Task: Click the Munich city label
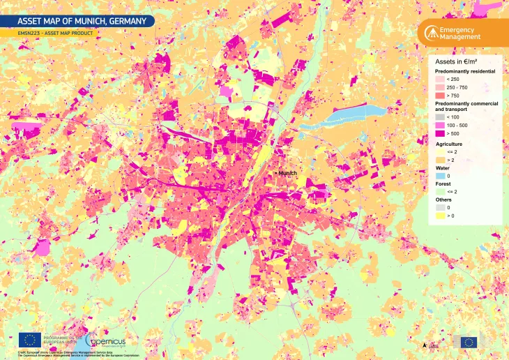(x=288, y=172)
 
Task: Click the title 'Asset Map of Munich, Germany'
(x=77, y=21)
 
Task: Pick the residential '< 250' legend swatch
(x=439, y=79)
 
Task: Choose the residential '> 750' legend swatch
(x=439, y=95)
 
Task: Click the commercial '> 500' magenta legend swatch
(x=439, y=133)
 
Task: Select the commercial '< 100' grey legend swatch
(x=439, y=117)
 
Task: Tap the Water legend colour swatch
(x=439, y=175)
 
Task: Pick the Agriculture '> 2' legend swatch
(x=439, y=159)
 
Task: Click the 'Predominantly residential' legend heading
(x=465, y=71)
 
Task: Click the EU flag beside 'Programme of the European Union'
(x=29, y=340)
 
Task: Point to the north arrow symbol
(x=425, y=344)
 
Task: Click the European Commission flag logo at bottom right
(x=468, y=342)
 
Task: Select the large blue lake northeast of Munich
(x=349, y=113)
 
